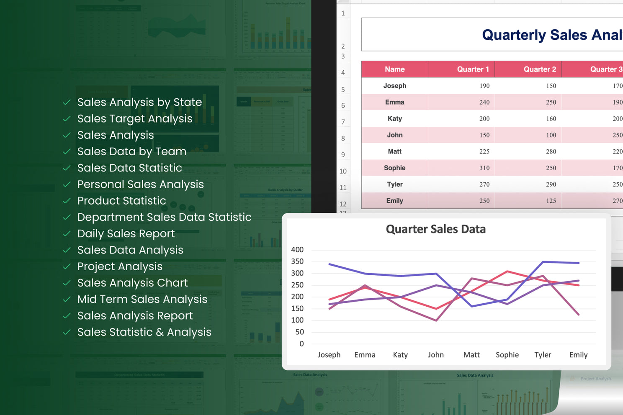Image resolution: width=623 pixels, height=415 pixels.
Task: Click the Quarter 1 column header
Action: pyautogui.click(x=473, y=69)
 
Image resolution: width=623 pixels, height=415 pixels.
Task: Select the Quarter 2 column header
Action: pyautogui.click(x=540, y=69)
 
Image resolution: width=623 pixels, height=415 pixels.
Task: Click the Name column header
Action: pyautogui.click(x=395, y=69)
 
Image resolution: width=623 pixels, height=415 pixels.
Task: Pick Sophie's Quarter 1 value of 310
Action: pyautogui.click(x=484, y=168)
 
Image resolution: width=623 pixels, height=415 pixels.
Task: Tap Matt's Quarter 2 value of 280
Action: pyautogui.click(x=551, y=151)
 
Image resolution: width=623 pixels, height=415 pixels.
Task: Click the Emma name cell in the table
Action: pyautogui.click(x=395, y=102)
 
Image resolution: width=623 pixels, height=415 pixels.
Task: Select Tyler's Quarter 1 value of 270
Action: pyautogui.click(x=484, y=184)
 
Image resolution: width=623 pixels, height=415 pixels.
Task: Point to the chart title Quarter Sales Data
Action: pyautogui.click(x=435, y=229)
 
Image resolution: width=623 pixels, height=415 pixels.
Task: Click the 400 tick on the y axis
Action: pyautogui.click(x=297, y=250)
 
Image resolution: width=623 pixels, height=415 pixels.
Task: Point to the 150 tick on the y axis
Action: pyautogui.click(x=297, y=308)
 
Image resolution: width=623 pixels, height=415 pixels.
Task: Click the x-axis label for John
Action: pyautogui.click(x=435, y=355)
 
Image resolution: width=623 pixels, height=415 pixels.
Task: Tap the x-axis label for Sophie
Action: pyautogui.click(x=507, y=355)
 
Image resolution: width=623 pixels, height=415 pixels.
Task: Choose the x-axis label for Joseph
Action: pyautogui.click(x=329, y=355)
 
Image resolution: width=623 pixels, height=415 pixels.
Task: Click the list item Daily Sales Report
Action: pyautogui.click(x=126, y=233)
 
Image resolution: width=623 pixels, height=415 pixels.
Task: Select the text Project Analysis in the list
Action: pyautogui.click(x=120, y=266)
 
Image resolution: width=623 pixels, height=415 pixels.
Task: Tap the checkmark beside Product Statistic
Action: pyautogui.click(x=67, y=201)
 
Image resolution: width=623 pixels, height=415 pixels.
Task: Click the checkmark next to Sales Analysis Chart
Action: pyautogui.click(x=67, y=283)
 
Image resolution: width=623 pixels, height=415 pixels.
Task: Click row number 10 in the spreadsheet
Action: pyautogui.click(x=343, y=171)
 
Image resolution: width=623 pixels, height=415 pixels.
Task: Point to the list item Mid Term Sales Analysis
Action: pyautogui.click(x=142, y=299)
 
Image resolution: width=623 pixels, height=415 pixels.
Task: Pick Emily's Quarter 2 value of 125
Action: pyautogui.click(x=551, y=201)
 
